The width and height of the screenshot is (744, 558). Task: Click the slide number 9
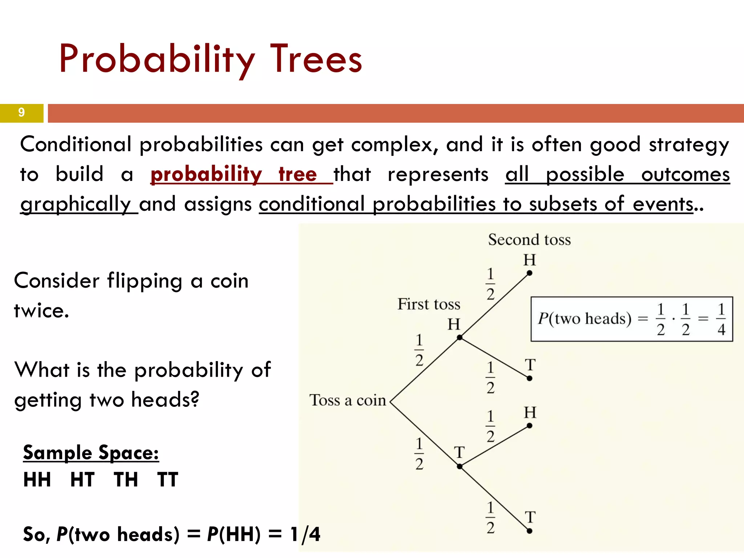[21, 113]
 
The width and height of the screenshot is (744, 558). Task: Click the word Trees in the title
[316, 59]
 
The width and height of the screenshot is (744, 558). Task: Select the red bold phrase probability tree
[234, 174]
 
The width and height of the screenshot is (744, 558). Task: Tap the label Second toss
[529, 240]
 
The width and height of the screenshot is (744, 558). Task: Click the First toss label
[429, 304]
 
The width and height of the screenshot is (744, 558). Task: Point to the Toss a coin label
[347, 400]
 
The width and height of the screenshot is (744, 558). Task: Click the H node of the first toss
[460, 337]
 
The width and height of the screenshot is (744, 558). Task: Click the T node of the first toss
[460, 466]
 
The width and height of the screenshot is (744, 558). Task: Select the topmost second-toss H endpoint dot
[529, 273]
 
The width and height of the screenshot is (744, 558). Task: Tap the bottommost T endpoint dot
[529, 531]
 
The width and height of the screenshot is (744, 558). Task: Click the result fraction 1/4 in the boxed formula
[721, 319]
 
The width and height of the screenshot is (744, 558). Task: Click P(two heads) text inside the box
[585, 319]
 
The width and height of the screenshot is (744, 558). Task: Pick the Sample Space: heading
[91, 453]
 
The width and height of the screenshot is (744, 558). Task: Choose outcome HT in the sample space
[82, 480]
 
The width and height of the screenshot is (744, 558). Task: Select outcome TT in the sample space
[168, 480]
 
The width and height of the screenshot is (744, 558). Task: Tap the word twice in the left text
[41, 311]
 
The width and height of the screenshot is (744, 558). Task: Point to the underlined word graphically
[76, 204]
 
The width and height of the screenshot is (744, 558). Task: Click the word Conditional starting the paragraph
[76, 145]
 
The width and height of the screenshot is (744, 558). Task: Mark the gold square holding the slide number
[21, 113]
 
